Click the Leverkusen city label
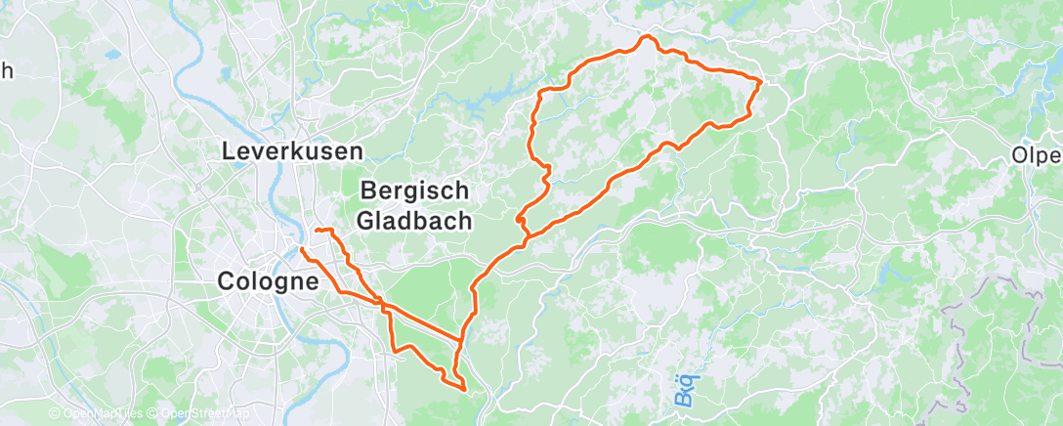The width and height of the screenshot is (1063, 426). point(292,151)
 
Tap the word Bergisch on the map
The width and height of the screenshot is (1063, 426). point(415,191)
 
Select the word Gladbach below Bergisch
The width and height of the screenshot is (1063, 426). point(415,221)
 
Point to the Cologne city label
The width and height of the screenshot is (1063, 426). point(268,281)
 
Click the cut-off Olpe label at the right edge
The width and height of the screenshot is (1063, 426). point(1037,156)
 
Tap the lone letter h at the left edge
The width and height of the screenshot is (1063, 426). point(7,70)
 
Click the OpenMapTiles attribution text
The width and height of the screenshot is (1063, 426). point(97,414)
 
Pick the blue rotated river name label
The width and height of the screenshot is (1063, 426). point(684,390)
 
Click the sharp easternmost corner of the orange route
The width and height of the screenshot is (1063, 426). point(761,82)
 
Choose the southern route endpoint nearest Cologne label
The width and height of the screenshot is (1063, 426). point(302,250)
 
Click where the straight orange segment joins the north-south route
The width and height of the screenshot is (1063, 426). point(461,339)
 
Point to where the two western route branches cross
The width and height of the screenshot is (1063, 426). point(383,305)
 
